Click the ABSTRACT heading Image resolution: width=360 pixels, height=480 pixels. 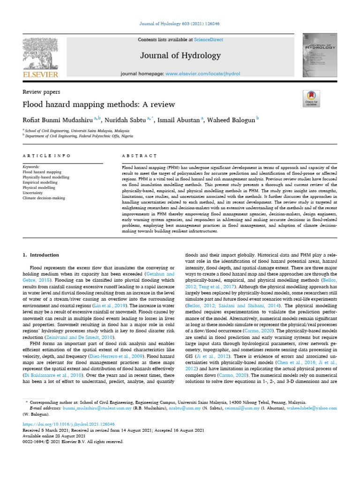139,155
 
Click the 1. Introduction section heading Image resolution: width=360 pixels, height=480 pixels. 41,255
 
